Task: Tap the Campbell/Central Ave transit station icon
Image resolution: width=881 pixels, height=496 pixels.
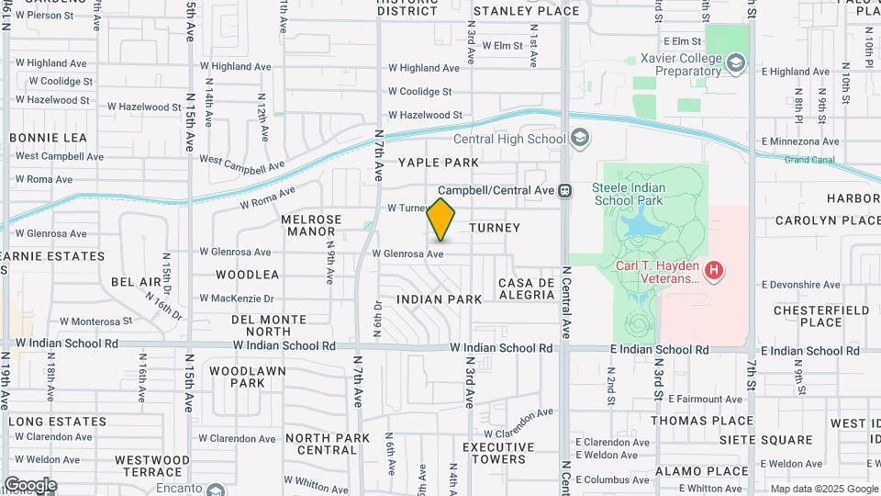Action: pyautogui.click(x=565, y=190)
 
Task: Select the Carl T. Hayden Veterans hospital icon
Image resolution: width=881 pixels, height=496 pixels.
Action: pyautogui.click(x=715, y=271)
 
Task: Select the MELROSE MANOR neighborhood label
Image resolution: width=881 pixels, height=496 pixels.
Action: pyautogui.click(x=311, y=226)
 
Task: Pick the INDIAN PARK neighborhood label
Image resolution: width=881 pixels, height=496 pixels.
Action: pyautogui.click(x=440, y=299)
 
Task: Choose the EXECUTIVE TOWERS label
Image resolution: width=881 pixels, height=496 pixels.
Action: pyautogui.click(x=498, y=453)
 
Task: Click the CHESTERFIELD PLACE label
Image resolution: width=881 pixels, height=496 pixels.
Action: pyautogui.click(x=820, y=316)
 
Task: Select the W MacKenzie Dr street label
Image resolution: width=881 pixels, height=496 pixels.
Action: pyautogui.click(x=243, y=299)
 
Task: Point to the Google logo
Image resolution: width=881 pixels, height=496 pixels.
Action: pyautogui.click(x=30, y=484)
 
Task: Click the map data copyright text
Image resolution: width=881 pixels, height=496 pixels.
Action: pyautogui.click(x=824, y=489)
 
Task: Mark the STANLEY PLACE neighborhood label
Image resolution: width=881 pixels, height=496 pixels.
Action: pyautogui.click(x=526, y=11)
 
